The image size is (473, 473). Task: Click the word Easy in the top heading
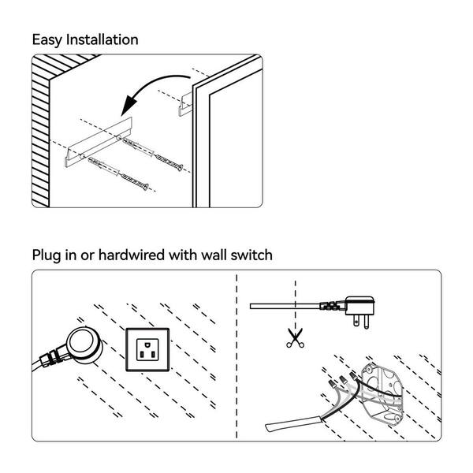pyautogui.click(x=47, y=39)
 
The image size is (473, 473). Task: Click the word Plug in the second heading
pyautogui.click(x=48, y=255)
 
